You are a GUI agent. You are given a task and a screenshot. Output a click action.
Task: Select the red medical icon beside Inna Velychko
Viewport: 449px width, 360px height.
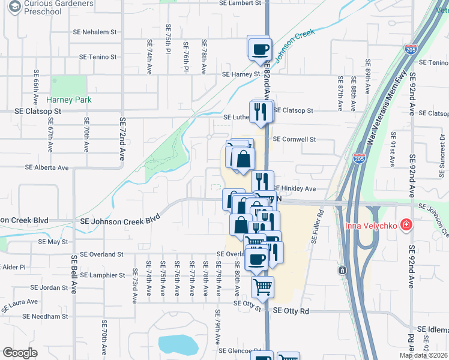click(406, 225)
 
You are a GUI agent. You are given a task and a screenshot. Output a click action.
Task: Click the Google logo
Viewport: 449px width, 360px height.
click(20, 353)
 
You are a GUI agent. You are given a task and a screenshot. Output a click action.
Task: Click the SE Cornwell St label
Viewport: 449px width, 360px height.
click(294, 139)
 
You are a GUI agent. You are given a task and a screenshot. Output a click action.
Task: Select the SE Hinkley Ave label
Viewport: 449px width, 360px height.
click(295, 188)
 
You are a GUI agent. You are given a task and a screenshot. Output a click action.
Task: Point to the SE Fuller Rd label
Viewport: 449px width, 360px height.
click(318, 226)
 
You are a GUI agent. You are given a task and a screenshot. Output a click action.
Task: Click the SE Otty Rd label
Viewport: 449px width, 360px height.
click(291, 311)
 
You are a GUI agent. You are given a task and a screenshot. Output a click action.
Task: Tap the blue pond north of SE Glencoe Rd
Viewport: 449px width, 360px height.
click(178, 344)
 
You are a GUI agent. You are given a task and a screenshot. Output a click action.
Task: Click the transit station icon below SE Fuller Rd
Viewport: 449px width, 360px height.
click(342, 271)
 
